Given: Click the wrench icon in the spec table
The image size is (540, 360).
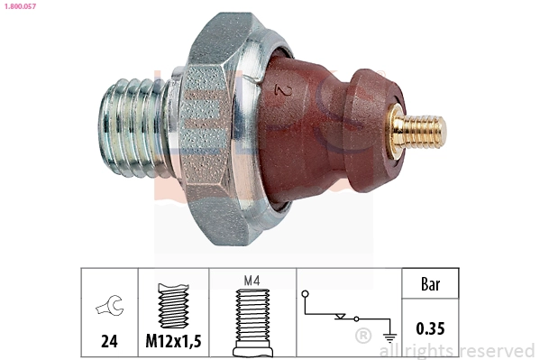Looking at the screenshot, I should pos(109,307).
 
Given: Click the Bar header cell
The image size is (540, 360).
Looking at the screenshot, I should pos(432,284).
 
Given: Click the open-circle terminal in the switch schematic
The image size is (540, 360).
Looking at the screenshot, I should pos(306,293).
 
